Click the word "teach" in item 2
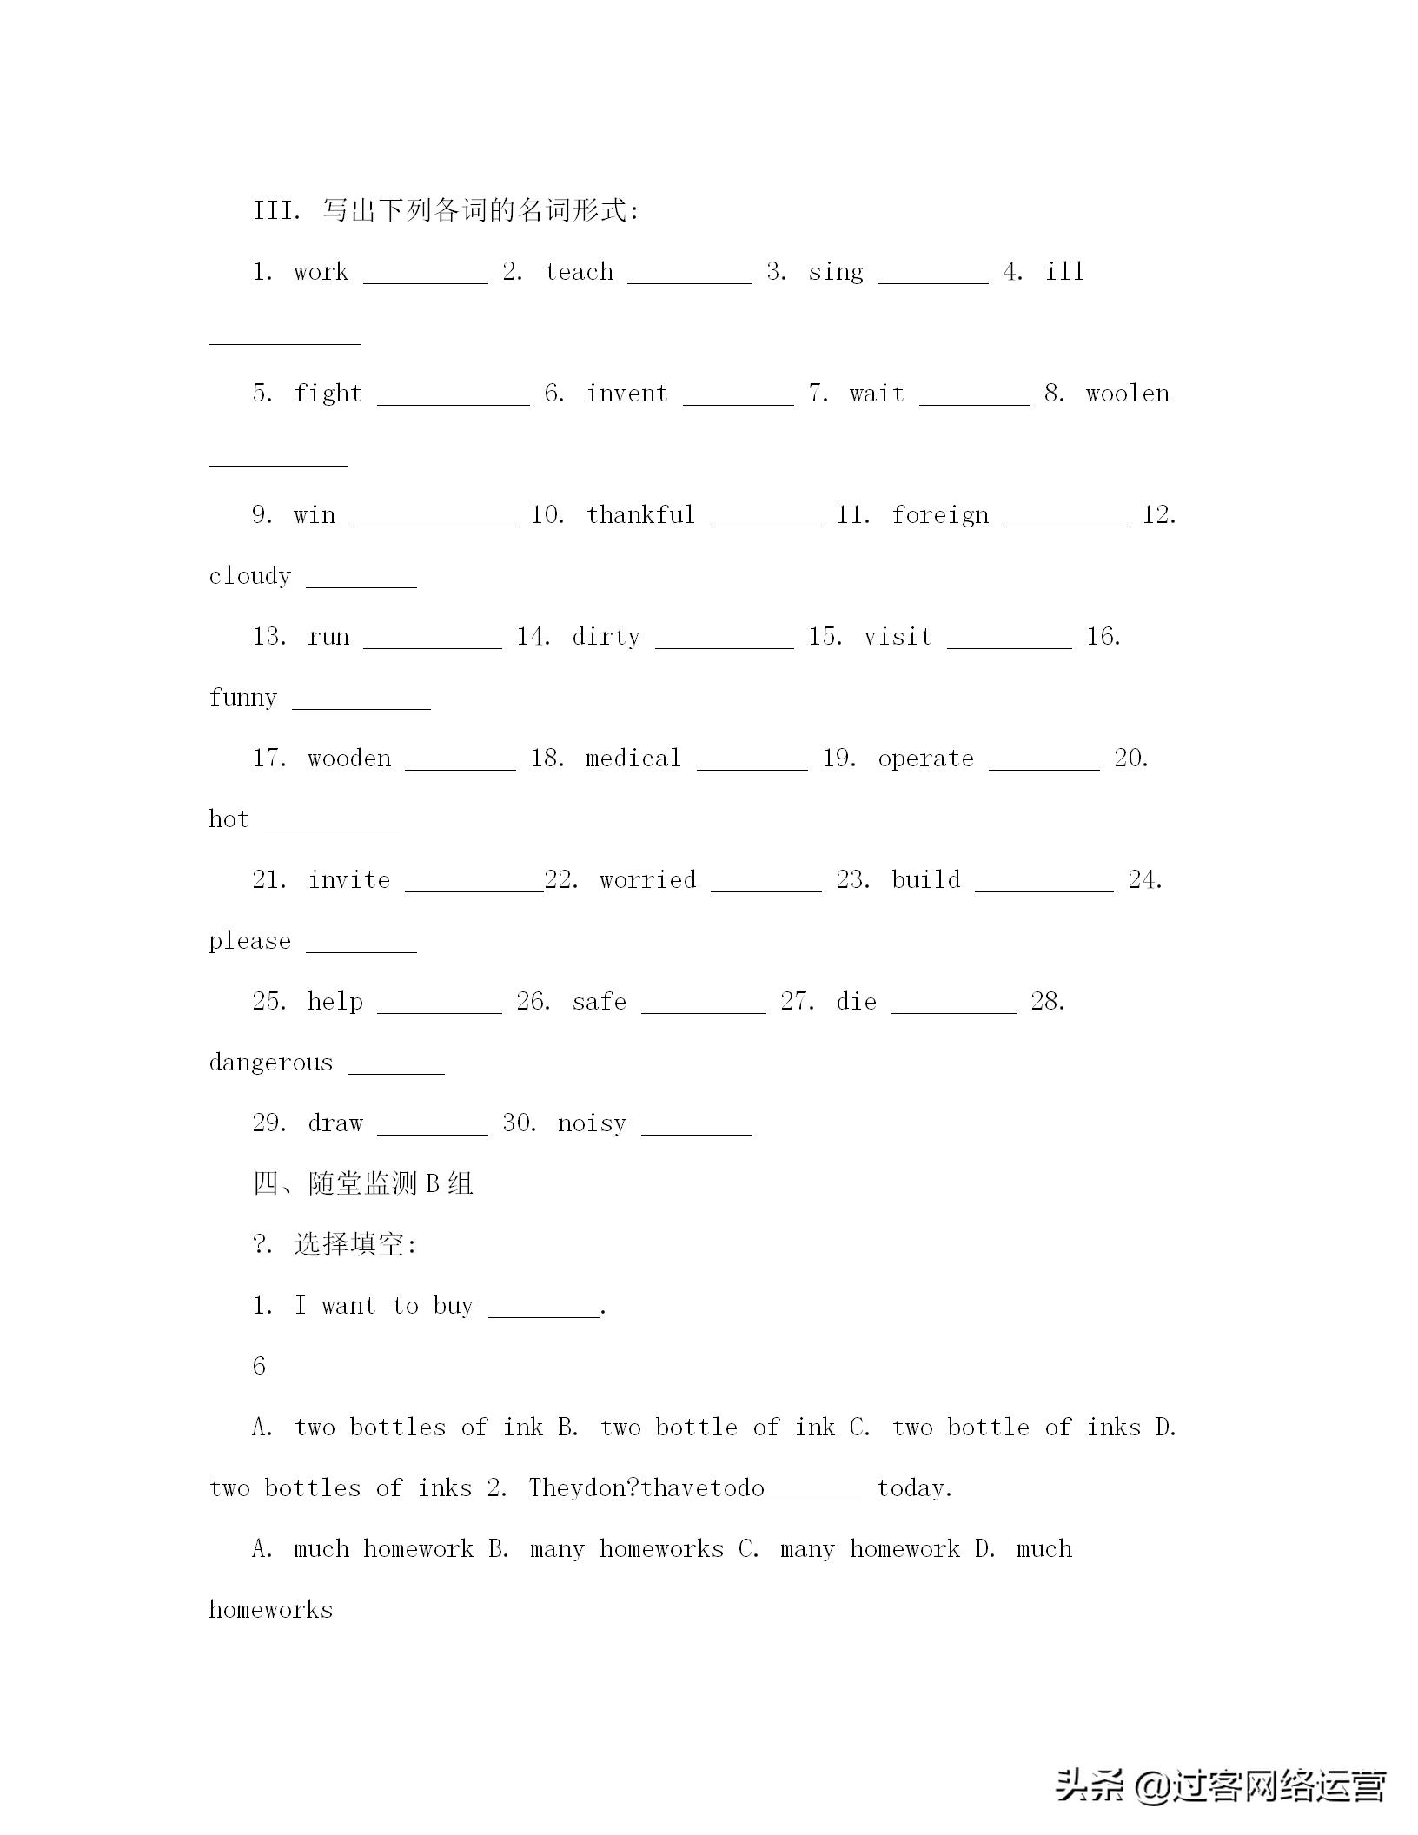pos(579,272)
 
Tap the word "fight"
pos(328,394)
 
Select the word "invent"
pos(626,394)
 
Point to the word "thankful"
pos(640,515)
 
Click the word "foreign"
pos(940,515)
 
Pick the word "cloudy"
pos(249,576)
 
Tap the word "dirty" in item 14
pos(606,637)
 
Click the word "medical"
pos(633,759)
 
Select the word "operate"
pos(925,759)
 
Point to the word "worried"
pos(647,880)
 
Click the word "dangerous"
pos(270,1063)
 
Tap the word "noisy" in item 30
pos(592,1123)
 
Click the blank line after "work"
pos(426,280)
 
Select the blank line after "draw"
pos(433,1131)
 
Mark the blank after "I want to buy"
pos(544,1314)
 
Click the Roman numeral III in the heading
pos(275,211)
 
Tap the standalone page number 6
pos(259,1367)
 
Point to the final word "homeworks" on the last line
pos(270,1610)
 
